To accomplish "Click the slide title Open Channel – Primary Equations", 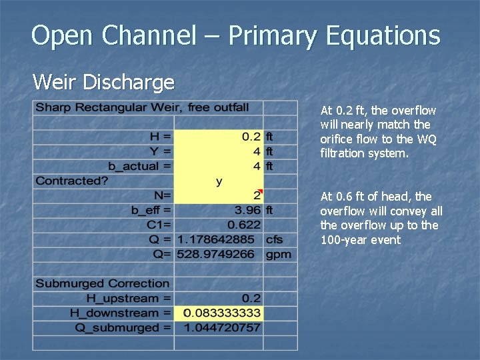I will pyautogui.click(x=235, y=35).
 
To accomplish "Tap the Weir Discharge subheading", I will pyautogui.click(x=103, y=83).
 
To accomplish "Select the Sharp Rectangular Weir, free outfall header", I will pyautogui.click(x=142, y=107).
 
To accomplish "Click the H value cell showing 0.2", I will pyautogui.click(x=251, y=137).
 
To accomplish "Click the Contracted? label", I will pyautogui.click(x=72, y=181).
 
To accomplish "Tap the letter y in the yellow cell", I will pyautogui.click(x=219, y=181).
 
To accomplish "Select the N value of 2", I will pyautogui.click(x=257, y=196).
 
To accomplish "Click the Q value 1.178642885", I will pyautogui.click(x=219, y=239).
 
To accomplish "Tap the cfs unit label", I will pyautogui.click(x=274, y=239).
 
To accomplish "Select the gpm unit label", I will pyautogui.click(x=278, y=254).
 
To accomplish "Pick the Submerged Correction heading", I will pyautogui.click(x=103, y=283).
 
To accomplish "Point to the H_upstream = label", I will pyautogui.click(x=127, y=298).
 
